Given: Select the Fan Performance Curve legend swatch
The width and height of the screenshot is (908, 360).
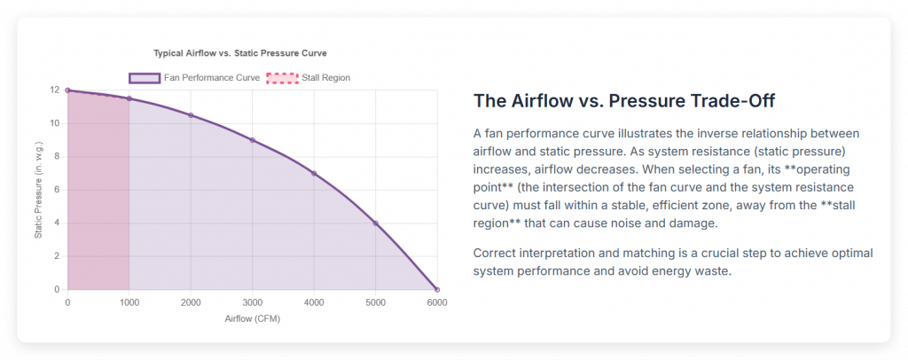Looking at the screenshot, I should [x=145, y=78].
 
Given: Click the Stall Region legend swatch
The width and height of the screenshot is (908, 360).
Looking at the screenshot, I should [x=282, y=78].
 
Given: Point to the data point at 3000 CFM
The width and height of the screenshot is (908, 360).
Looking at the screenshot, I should [x=252, y=140].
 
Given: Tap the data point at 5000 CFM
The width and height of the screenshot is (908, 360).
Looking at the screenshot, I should [x=375, y=223].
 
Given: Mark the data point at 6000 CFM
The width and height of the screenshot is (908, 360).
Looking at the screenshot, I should [x=436, y=289].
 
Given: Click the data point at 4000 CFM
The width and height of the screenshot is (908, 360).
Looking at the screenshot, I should [x=314, y=173].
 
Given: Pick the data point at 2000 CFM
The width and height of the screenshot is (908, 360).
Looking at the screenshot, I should [x=191, y=115].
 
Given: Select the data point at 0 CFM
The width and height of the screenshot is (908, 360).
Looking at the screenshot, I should [x=67, y=90].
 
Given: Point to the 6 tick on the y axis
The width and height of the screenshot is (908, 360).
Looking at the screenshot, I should [x=57, y=190].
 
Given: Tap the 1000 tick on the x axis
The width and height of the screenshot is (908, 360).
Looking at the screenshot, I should [x=129, y=302].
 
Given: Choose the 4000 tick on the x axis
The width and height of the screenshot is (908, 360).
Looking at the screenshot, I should [x=314, y=302].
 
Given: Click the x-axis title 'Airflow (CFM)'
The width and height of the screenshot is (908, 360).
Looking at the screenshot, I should [x=252, y=318].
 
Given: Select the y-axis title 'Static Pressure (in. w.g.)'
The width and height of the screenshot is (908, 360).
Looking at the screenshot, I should [x=38, y=190].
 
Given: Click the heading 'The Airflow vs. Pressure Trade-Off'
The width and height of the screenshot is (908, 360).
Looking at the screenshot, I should [x=628, y=100].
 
